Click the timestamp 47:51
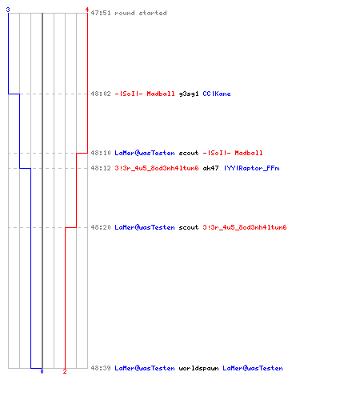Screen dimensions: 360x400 click(x=101, y=13)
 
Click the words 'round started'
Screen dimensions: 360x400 click(x=141, y=13)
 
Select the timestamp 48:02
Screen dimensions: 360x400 click(x=101, y=94)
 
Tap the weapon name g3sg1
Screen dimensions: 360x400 click(x=189, y=94)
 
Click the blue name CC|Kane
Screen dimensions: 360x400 click(x=217, y=94)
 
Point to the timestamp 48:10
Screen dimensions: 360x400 click(x=101, y=153)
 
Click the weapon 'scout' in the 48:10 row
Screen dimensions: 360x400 click(x=189, y=153)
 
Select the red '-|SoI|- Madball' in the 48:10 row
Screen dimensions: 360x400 click(x=233, y=153)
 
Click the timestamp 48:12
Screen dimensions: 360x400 click(x=101, y=168)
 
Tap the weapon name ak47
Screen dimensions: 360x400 click(x=210, y=168)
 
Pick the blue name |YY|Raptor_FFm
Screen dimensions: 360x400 click(x=252, y=168)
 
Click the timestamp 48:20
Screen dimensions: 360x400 click(x=101, y=227)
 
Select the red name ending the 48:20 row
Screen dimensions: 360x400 click(x=245, y=227)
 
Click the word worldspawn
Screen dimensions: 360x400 click(x=198, y=368)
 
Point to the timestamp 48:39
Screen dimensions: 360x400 click(x=101, y=368)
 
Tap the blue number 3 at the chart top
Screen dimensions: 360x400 click(x=8, y=10)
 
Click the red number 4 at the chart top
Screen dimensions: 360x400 click(x=87, y=10)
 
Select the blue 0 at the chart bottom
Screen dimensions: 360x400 click(x=42, y=371)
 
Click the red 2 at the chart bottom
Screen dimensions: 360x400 click(x=65, y=371)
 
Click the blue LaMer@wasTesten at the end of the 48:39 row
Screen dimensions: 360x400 click(x=253, y=368)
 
